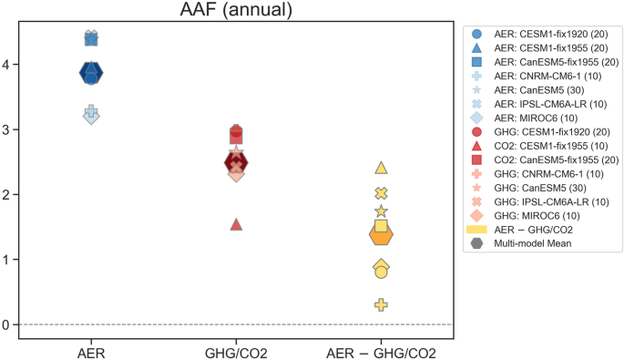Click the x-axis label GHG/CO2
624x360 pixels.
pos(236,353)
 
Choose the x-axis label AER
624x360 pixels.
pos(91,353)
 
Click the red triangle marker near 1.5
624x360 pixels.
pos(236,223)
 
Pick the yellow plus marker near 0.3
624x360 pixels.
pos(381,304)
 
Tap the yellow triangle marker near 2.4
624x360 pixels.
pos(381,168)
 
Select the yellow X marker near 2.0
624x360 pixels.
pos(381,193)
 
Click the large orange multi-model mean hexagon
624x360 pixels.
pos(381,235)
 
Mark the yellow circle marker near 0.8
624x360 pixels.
pos(381,272)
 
